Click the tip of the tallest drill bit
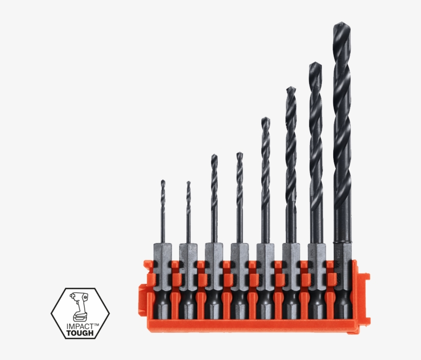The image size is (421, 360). pos(341,24)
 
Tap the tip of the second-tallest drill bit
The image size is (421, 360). pos(315,64)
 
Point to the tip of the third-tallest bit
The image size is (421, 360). pos(291,88)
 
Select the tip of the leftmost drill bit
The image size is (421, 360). pos(163,181)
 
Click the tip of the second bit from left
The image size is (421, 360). pos(188,182)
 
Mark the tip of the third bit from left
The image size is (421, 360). pos(214,155)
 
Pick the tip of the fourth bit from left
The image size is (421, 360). pos(239,153)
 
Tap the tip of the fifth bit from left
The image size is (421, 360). pos(265,118)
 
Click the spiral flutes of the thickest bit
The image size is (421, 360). pos(341,128)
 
